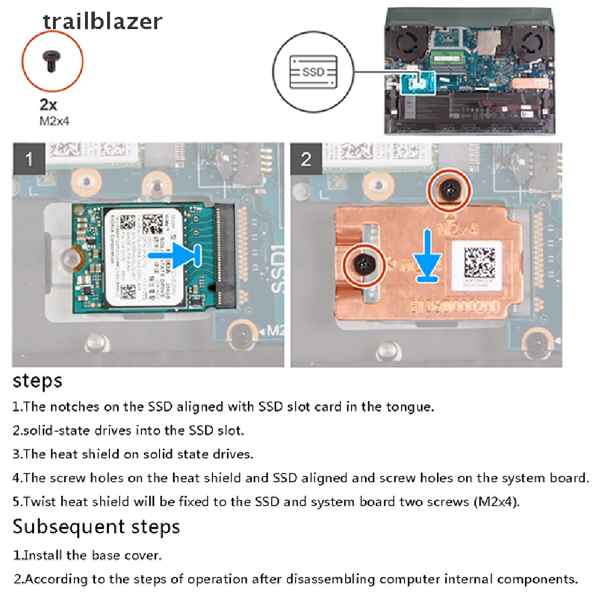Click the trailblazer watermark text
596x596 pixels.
click(102, 21)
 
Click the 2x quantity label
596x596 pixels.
click(48, 106)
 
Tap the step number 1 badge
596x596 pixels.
click(29, 159)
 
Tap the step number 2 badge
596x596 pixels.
click(307, 159)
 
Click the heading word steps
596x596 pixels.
click(37, 381)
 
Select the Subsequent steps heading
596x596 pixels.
click(96, 527)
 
